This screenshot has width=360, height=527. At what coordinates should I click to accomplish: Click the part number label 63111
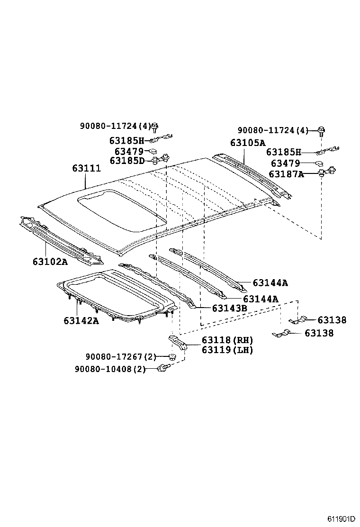86,168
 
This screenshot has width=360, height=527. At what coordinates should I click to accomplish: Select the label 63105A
248,143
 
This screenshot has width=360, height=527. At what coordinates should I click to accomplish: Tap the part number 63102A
50,262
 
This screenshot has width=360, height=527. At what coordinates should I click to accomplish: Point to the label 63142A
81,321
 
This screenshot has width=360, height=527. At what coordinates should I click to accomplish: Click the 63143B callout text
229,308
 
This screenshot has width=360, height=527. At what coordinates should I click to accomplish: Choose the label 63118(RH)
227,340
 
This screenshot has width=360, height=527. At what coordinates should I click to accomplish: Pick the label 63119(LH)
227,350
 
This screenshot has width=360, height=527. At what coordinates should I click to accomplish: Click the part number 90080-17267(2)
121,356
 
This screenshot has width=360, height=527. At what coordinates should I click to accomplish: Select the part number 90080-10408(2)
110,369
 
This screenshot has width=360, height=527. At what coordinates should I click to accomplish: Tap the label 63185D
127,161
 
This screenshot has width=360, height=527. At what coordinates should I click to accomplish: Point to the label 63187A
286,174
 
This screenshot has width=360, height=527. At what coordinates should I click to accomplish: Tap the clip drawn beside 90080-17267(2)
173,356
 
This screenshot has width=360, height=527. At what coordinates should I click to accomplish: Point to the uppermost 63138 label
332,320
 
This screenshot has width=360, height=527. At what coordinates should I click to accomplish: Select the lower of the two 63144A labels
260,299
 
